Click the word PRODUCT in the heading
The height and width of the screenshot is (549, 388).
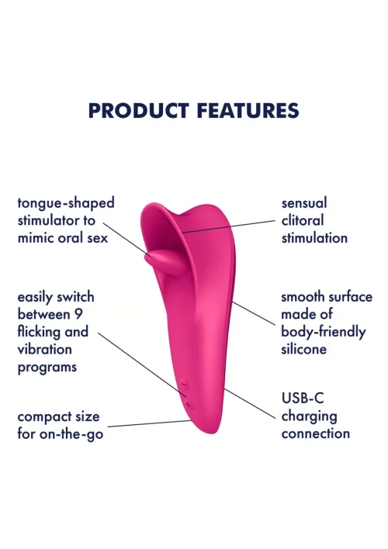(139, 110)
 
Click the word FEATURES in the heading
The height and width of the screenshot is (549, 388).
(248, 110)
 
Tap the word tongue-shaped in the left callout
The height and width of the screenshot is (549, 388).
(66, 203)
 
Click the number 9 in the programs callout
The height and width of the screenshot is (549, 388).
(78, 314)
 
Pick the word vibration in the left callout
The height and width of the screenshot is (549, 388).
(44, 349)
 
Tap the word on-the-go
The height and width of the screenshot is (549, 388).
(71, 434)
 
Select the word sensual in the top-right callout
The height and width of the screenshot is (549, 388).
(304, 203)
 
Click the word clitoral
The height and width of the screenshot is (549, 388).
(303, 220)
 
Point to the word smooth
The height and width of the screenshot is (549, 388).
(303, 297)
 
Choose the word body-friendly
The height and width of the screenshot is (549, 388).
(323, 333)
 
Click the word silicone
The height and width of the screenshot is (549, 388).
(304, 349)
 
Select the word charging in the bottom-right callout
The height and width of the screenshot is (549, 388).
(309, 416)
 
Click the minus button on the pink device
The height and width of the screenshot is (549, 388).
(184, 385)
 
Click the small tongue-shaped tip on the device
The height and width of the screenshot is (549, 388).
(163, 262)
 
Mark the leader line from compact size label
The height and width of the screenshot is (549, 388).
(149, 423)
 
